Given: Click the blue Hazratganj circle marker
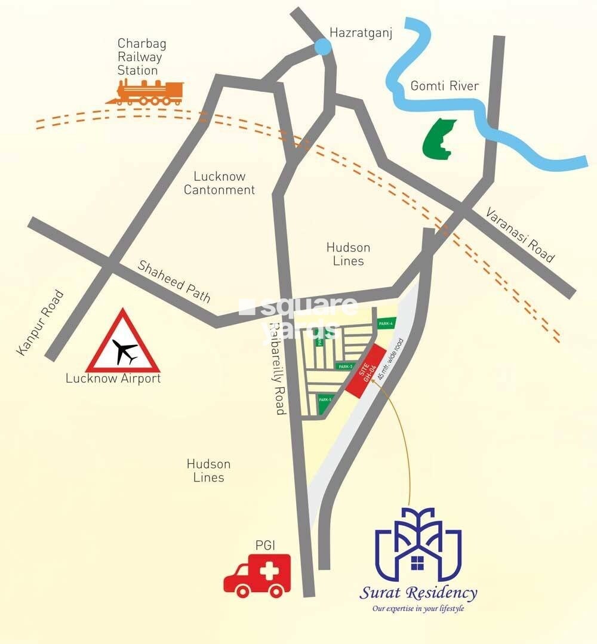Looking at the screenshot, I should click(x=322, y=47).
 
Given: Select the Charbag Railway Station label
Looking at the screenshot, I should click(x=138, y=57).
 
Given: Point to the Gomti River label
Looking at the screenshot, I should click(x=444, y=86).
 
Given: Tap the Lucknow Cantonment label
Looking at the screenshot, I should click(x=219, y=183).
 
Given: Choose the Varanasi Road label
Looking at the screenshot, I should click(x=519, y=235).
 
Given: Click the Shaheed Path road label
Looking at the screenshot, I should click(x=174, y=281).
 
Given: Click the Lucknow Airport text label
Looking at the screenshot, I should click(x=113, y=378).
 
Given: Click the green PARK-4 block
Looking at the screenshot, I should click(x=386, y=323).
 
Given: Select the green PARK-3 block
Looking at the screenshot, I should click(x=346, y=366).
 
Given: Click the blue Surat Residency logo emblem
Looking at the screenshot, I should click(x=418, y=544).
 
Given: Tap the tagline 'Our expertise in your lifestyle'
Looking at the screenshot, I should click(x=418, y=609).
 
